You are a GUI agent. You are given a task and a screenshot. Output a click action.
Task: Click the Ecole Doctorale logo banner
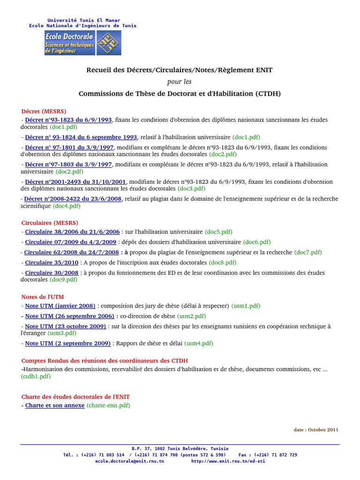82,43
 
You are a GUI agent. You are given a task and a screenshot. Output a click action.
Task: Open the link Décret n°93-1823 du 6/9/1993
68,120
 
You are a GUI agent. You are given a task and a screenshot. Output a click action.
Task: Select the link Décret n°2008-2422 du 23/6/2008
74,199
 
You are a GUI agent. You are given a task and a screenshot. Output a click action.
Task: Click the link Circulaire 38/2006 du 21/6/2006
73,232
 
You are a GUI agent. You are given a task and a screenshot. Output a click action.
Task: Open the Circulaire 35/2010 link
52,262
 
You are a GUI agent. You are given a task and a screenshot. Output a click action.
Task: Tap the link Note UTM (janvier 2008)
60,306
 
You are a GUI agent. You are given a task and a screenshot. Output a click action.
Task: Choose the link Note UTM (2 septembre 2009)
68,343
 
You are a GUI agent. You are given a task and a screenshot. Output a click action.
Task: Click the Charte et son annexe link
55,405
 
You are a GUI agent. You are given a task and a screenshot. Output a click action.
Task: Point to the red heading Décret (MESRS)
44,111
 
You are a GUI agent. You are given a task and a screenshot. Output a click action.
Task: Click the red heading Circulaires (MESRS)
50,223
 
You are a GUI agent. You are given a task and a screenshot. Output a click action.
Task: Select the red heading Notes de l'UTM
43,297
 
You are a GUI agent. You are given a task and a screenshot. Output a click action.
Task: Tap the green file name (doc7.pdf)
308,252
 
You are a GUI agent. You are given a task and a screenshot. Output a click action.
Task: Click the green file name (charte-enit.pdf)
108,405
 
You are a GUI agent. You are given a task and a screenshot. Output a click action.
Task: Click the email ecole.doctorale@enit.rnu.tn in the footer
129,461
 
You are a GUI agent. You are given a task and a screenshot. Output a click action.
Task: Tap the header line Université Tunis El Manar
83,20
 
